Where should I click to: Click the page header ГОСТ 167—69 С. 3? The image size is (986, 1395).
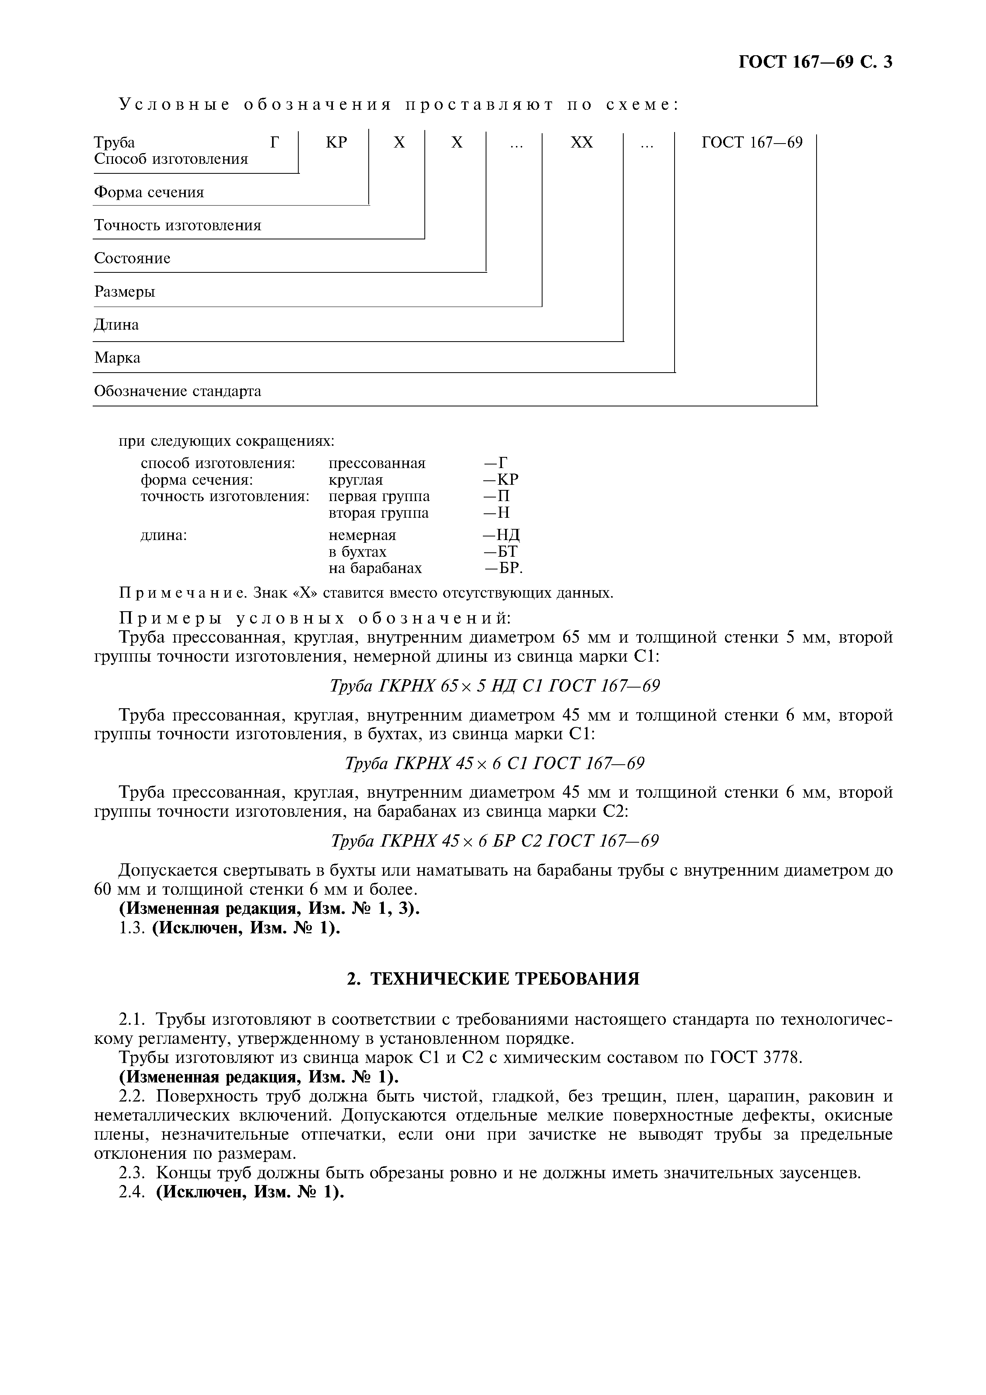[x=815, y=62]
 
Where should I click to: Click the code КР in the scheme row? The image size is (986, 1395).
[x=336, y=142]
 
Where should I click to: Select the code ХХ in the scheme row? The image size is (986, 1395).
[x=581, y=142]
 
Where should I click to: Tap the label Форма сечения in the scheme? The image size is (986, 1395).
[x=149, y=192]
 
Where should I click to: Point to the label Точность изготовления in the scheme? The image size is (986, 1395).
[x=177, y=226]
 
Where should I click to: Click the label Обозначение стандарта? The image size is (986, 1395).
[x=177, y=391]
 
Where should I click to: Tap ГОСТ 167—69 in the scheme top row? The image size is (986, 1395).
[x=751, y=142]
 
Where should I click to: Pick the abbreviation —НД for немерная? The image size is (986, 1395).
[x=501, y=535]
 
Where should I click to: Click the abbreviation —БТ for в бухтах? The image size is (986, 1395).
[x=500, y=552]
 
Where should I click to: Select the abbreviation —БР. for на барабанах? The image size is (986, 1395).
[x=503, y=568]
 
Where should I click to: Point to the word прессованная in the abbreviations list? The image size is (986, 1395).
[x=377, y=464]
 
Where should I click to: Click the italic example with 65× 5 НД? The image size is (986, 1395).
[x=494, y=686]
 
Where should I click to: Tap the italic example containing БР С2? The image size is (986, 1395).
[x=494, y=841]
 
